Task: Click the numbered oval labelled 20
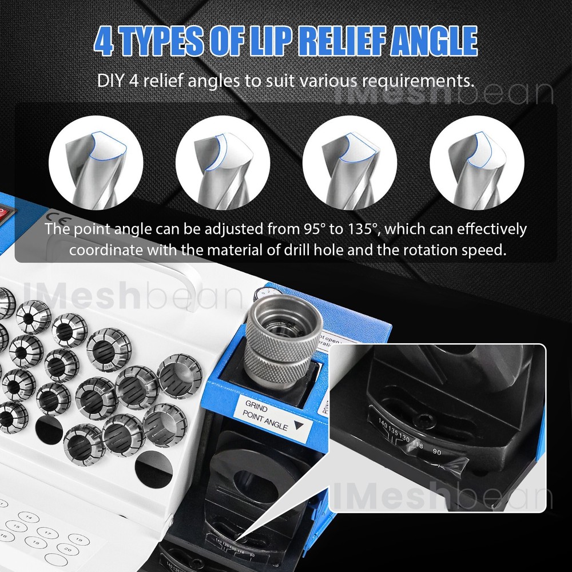pos(67,549)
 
